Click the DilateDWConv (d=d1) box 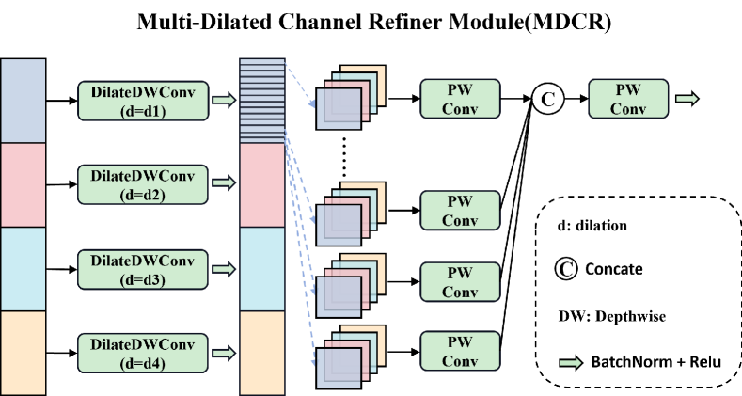pos(142,100)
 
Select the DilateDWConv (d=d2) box pos(142,184)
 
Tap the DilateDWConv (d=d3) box pos(142,268)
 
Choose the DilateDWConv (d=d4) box pos(142,353)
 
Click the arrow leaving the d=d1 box pos(224,100)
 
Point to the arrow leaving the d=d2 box pos(224,183)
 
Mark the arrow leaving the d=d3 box pos(224,269)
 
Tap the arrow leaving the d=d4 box pos(224,354)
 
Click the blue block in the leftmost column pos(23,101)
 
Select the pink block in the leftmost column pos(23,184)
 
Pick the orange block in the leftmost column pos(23,353)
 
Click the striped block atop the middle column pos(261,101)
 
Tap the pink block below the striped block pos(261,184)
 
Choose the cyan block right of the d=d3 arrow pos(261,269)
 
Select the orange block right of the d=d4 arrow pos(261,353)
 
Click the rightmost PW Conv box pos(627,99)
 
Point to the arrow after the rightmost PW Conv pos(687,99)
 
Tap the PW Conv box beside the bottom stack pos(460,351)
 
